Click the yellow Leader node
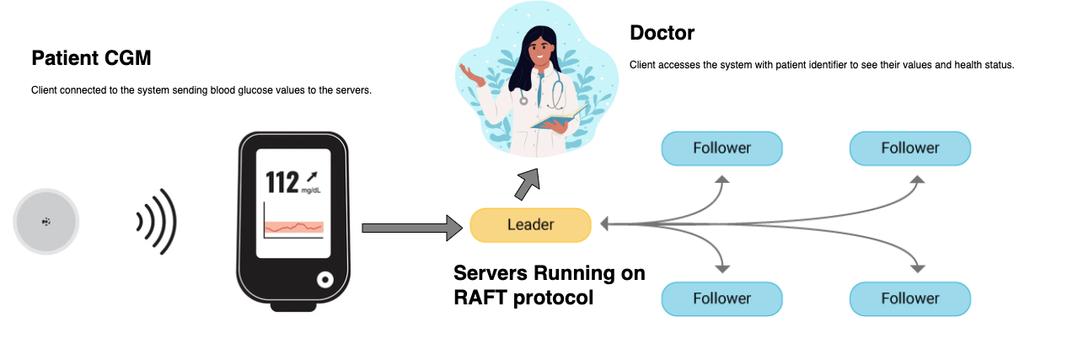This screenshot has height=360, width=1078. pyautogui.click(x=530, y=225)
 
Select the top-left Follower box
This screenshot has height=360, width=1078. pyautogui.click(x=721, y=148)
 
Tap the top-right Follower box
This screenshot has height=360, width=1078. pyautogui.click(x=909, y=148)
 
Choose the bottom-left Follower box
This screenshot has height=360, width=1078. pyautogui.click(x=721, y=298)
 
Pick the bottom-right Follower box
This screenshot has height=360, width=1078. pyautogui.click(x=909, y=298)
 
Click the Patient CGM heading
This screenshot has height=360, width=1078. pyautogui.click(x=91, y=58)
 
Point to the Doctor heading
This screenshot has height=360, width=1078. pyautogui.click(x=662, y=33)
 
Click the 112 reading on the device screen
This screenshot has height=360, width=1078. pyautogui.click(x=282, y=181)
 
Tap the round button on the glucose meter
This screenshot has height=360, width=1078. pyautogui.click(x=324, y=280)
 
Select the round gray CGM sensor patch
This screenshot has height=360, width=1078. pyautogui.click(x=46, y=222)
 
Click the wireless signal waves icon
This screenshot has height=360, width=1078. pyautogui.click(x=157, y=222)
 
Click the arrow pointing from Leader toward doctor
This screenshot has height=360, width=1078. pyautogui.click(x=528, y=183)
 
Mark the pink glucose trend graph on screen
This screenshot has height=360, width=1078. pyautogui.click(x=293, y=228)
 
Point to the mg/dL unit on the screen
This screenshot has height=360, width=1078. pyautogui.click(x=311, y=191)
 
